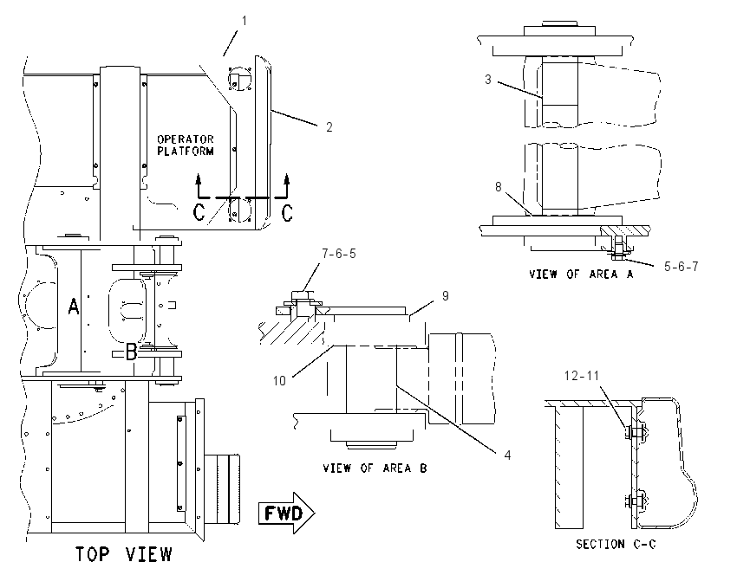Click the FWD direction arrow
point(287,513)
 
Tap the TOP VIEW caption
point(124,554)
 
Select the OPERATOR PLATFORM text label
point(186,145)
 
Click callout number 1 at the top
point(244,21)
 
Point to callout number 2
point(329,127)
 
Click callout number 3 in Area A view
point(488,80)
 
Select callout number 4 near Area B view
point(507,455)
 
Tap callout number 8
point(499,187)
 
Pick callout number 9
point(445,295)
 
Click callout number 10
point(279,380)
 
